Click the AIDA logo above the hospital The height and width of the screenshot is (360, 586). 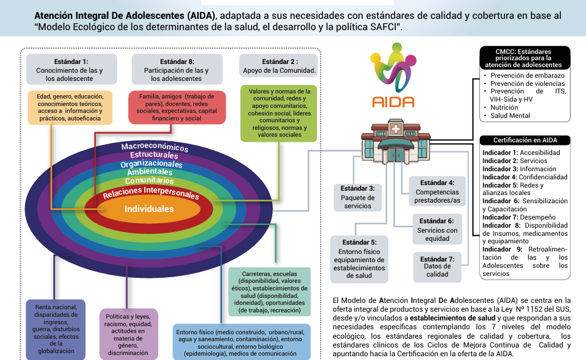click(x=393, y=75)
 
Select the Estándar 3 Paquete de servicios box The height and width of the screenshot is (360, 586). click(x=358, y=197)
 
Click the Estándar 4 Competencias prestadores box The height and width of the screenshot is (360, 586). click(x=437, y=191)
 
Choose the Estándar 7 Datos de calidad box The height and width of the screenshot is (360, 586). click(x=437, y=266)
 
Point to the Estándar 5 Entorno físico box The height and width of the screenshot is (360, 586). click(x=359, y=258)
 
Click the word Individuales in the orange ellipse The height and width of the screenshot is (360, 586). click(x=149, y=209)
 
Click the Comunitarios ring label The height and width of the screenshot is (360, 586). click(x=150, y=181)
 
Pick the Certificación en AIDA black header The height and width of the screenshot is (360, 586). click(x=525, y=140)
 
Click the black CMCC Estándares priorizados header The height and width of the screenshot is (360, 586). click(x=525, y=57)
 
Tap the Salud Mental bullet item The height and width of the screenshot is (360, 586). click(x=510, y=115)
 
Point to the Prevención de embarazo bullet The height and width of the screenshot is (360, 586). click(x=527, y=75)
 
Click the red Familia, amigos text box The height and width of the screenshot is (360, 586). click(x=177, y=107)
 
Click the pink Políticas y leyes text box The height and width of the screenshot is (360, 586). click(x=129, y=334)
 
